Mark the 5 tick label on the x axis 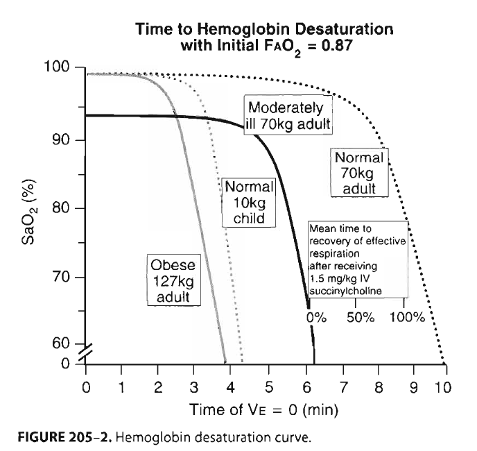tap(268, 386)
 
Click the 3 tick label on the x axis tap(195, 386)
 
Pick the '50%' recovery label tap(361, 318)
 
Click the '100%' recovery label tap(407, 318)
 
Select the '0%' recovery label tap(316, 318)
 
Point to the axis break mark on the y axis tap(84, 354)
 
